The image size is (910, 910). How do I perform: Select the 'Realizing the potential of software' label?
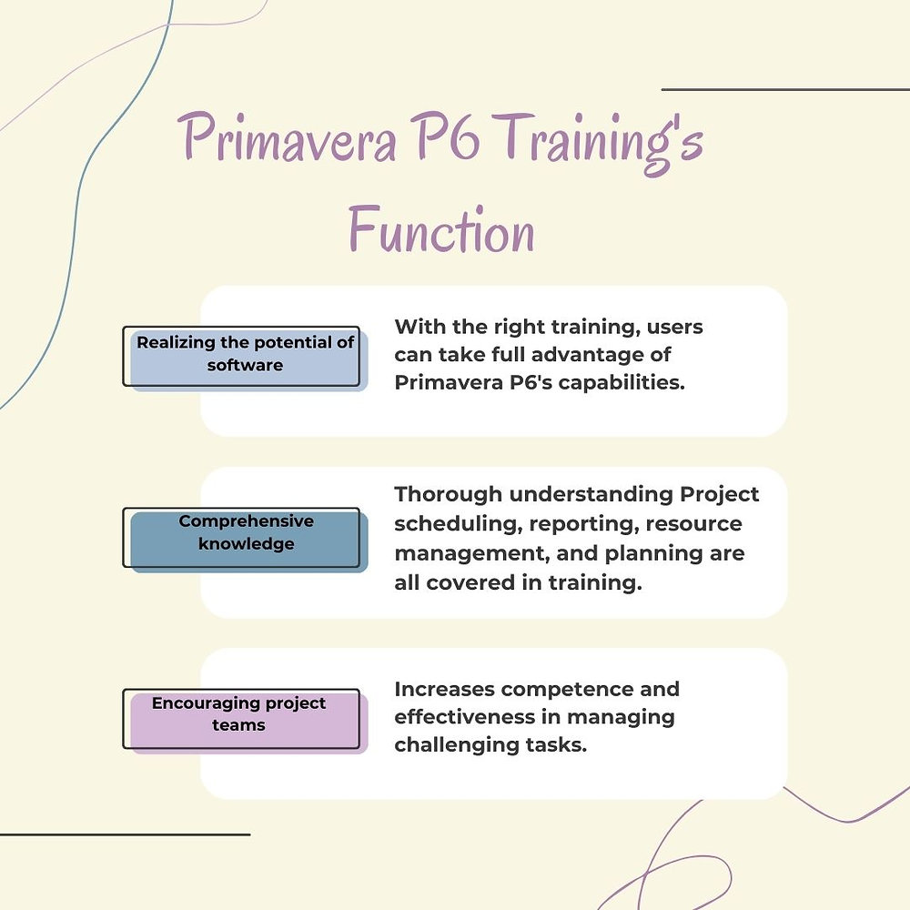click(x=245, y=355)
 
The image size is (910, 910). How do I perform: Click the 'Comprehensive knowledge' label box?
click(x=246, y=533)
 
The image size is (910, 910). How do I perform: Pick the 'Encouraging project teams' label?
click(x=239, y=714)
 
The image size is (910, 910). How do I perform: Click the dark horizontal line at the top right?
click(x=784, y=90)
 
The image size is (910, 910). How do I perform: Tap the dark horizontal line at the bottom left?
click(x=125, y=834)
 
